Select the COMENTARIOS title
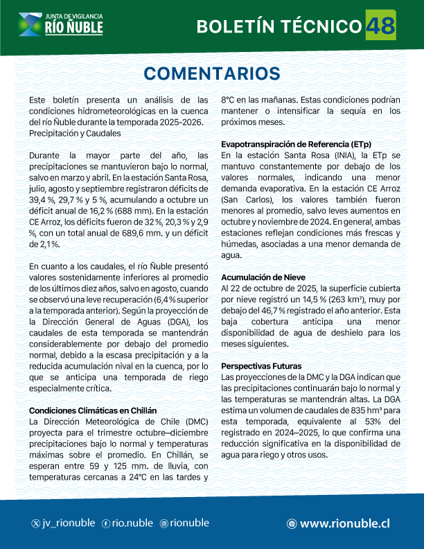(x=212, y=73)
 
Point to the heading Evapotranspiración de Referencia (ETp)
(x=297, y=144)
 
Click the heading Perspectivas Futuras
(x=261, y=365)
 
